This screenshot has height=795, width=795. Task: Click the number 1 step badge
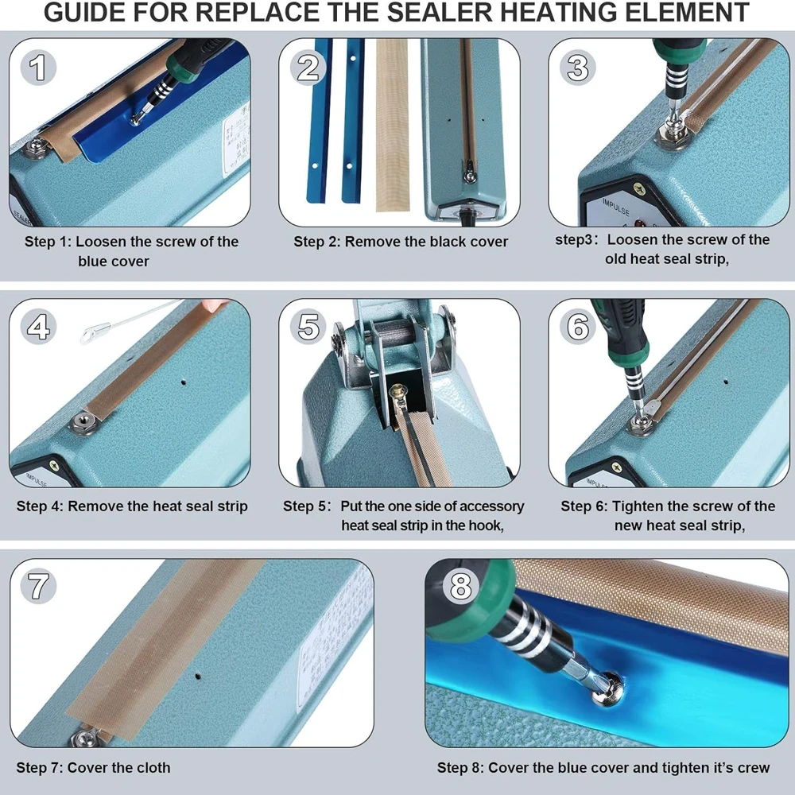[37, 68]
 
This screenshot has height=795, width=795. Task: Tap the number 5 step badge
[308, 326]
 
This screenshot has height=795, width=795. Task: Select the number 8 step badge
[460, 587]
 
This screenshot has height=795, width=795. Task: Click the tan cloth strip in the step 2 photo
[392, 126]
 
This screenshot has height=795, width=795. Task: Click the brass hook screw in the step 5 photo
[396, 391]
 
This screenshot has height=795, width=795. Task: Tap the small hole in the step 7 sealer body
[198, 676]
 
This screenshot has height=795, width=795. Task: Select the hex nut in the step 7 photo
[83, 738]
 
